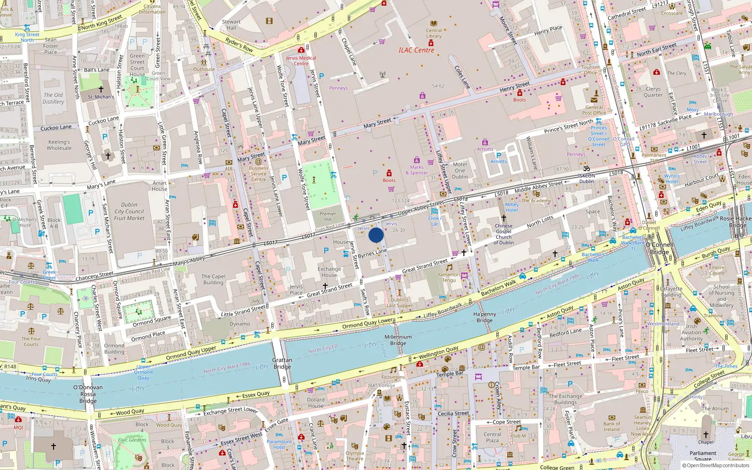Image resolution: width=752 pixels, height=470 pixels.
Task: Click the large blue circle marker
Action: (376, 235)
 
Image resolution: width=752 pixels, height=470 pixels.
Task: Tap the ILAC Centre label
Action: (416, 50)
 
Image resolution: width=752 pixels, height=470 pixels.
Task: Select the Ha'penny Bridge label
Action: (485, 317)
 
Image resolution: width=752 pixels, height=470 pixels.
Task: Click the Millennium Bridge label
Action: (398, 340)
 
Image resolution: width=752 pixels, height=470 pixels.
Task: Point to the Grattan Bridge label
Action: (282, 363)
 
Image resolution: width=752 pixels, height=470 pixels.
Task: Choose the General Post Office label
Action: (594, 110)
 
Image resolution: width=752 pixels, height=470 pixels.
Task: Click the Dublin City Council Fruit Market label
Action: (129, 211)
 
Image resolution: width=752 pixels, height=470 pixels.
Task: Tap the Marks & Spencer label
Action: (417, 170)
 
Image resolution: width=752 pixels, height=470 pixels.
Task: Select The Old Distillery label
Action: (53, 98)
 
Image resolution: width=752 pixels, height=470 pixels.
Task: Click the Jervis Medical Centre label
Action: (301, 61)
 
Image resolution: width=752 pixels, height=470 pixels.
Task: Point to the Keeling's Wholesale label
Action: (59, 145)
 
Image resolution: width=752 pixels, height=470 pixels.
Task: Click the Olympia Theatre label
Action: (355, 456)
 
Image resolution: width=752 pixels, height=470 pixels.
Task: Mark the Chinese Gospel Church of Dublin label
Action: (503, 234)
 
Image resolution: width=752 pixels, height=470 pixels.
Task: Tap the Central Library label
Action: (434, 33)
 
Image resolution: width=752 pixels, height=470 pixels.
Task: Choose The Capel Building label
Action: (213, 280)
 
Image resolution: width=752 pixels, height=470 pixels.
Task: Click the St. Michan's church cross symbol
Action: (101, 89)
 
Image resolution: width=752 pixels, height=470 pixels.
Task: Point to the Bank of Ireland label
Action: (611, 426)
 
